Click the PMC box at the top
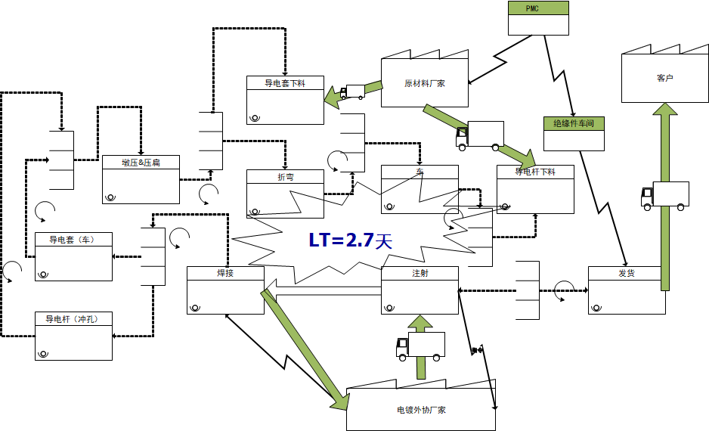pyautogui.click(x=538, y=8)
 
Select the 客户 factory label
pyautogui.click(x=664, y=78)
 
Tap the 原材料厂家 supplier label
pyautogui.click(x=424, y=83)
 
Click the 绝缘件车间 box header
pyautogui.click(x=574, y=123)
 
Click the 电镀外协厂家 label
pyautogui.click(x=421, y=410)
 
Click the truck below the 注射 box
pyautogui.click(x=420, y=346)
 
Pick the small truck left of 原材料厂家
pyautogui.click(x=351, y=91)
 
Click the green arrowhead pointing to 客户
pyautogui.click(x=665, y=112)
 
